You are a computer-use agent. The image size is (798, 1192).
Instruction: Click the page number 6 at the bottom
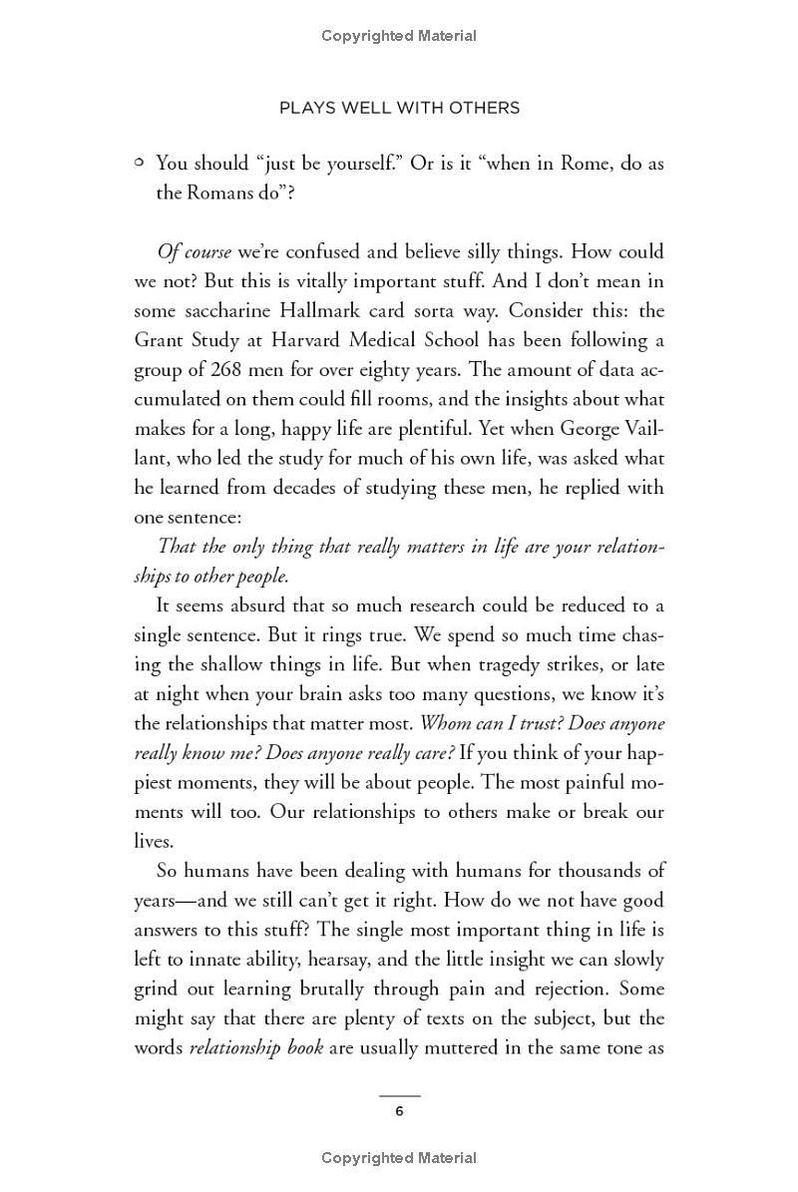(x=399, y=1111)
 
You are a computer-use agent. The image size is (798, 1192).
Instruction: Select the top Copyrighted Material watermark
(x=399, y=36)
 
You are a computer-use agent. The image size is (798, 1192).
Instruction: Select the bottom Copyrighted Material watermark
(x=399, y=1158)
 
